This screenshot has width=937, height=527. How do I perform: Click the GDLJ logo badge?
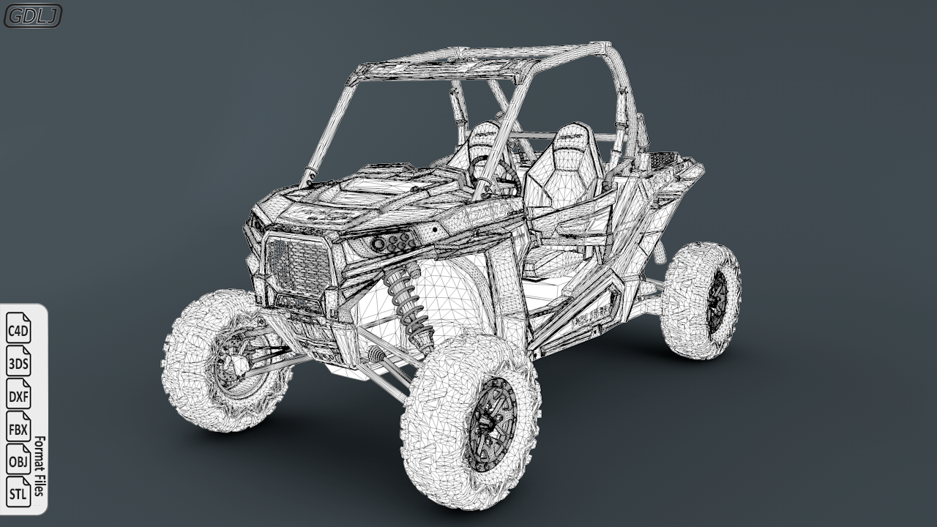(32, 15)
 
